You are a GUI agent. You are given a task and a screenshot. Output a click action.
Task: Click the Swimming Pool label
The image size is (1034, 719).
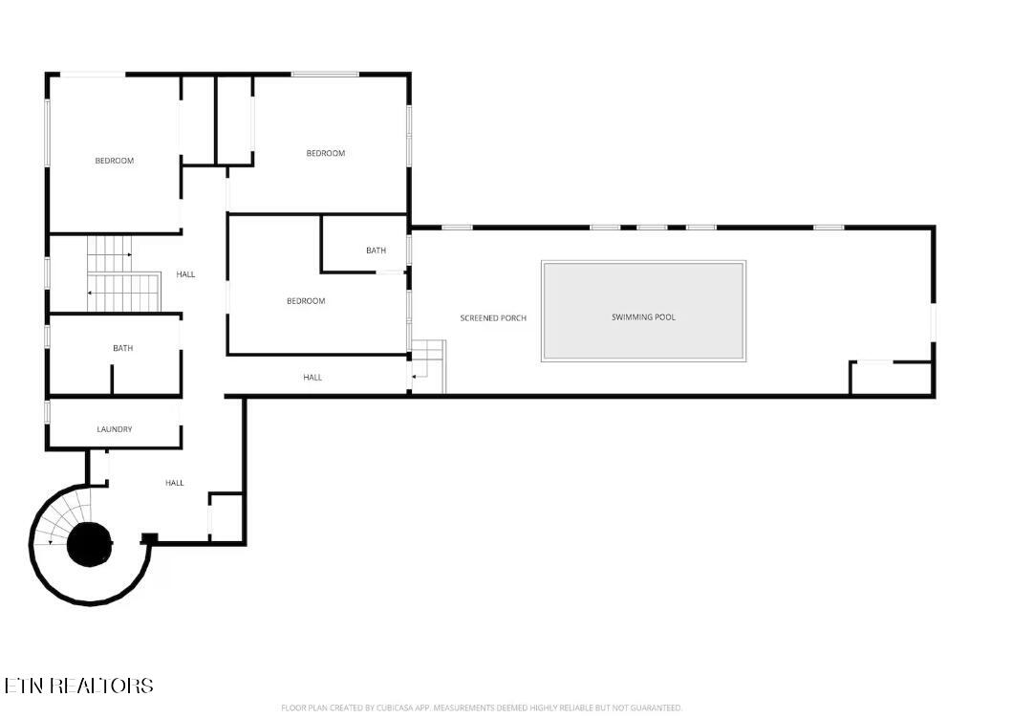tap(643, 317)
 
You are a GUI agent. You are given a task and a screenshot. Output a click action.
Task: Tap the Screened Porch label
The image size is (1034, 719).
tap(493, 318)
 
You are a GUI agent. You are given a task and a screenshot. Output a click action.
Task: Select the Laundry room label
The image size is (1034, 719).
tap(115, 429)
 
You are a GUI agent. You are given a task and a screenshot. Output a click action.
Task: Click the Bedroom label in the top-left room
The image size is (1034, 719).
tap(114, 161)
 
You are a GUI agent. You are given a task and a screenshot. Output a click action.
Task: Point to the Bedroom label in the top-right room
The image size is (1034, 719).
tap(326, 153)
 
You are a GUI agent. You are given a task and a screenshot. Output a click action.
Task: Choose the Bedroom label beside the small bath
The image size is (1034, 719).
tap(306, 301)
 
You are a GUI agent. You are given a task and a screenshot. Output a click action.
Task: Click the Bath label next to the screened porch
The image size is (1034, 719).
tap(376, 251)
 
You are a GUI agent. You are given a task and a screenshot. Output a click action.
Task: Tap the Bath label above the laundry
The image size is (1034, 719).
tap(122, 348)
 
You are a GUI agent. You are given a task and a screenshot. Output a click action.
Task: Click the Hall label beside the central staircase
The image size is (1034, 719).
tap(186, 274)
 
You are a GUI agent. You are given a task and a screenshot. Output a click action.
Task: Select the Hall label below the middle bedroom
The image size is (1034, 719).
tap(312, 378)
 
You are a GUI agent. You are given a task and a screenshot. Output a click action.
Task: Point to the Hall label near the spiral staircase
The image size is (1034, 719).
tap(175, 483)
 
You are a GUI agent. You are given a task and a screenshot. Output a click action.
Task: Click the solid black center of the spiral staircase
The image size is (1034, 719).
tap(89, 544)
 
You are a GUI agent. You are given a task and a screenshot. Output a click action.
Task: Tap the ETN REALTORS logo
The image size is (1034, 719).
tap(78, 686)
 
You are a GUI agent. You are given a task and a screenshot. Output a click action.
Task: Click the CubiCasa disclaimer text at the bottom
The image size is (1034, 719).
tap(482, 708)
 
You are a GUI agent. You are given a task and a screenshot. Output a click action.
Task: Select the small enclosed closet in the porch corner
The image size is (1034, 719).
tap(892, 378)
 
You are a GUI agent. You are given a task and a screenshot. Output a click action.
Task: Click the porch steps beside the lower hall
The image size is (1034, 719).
tap(429, 367)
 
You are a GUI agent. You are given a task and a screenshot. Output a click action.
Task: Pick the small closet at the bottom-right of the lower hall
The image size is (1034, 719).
tap(226, 517)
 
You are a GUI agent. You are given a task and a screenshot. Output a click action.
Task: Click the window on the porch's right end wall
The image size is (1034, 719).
tap(933, 322)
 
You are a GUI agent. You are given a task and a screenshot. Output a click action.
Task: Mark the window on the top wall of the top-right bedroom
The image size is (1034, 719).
tap(325, 74)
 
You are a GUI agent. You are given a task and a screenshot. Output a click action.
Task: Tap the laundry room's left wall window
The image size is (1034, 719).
tap(48, 410)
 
